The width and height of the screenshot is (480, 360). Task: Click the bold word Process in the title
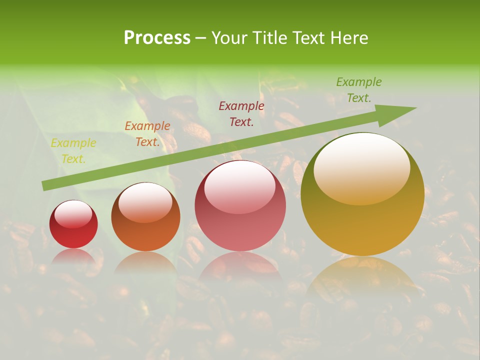(157, 38)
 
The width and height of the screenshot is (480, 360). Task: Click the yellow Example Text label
(73, 151)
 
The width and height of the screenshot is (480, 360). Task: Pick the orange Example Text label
(147, 134)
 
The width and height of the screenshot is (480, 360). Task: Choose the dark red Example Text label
(241, 113)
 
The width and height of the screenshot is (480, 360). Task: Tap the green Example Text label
(358, 90)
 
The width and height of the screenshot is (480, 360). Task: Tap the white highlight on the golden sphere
(361, 167)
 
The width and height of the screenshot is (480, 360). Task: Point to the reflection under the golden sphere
(362, 275)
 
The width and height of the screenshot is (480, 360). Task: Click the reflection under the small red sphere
(73, 256)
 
